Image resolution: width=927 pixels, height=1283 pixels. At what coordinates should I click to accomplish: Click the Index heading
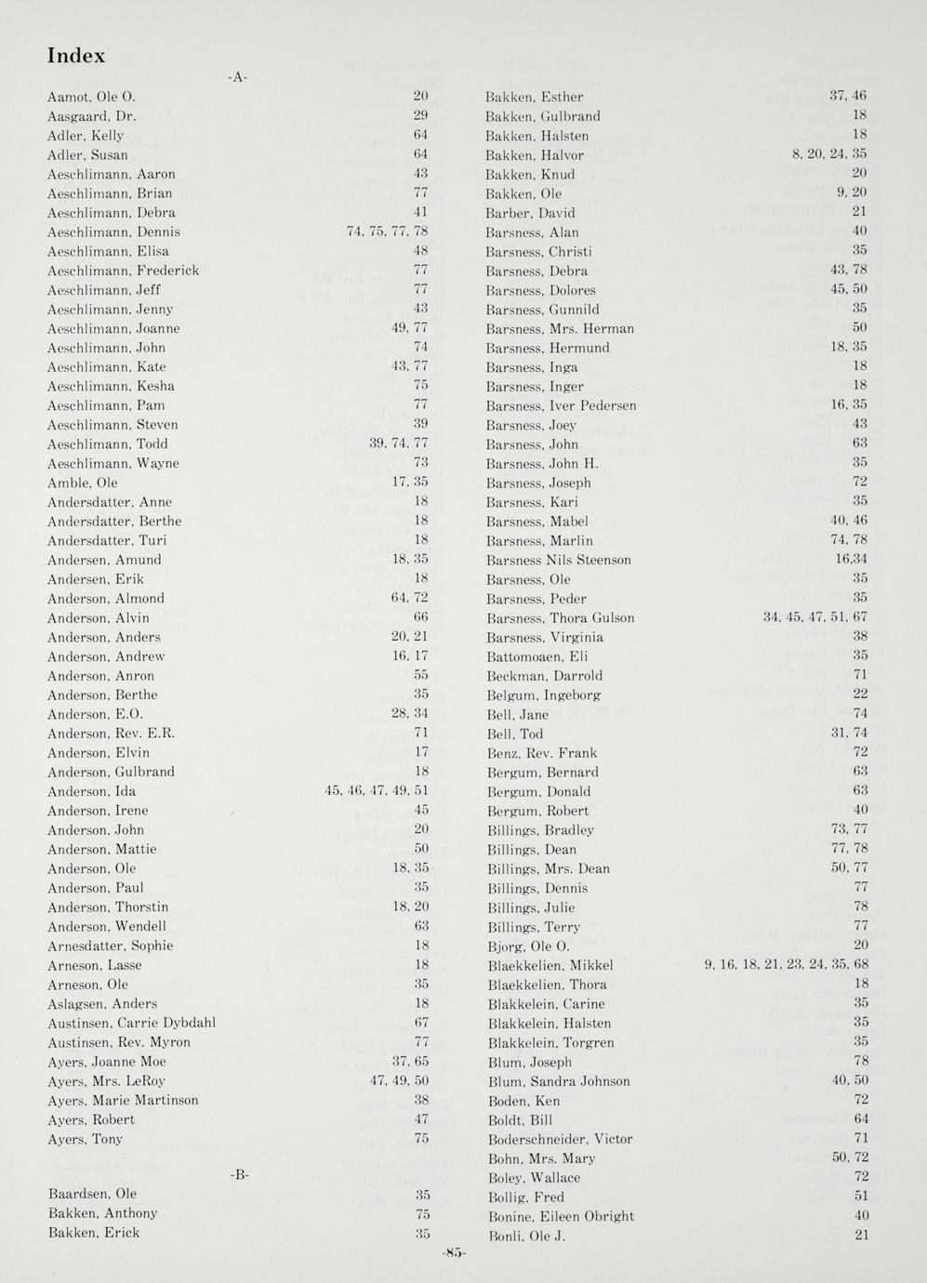point(76,56)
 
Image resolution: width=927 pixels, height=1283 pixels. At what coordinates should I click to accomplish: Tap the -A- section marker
point(238,77)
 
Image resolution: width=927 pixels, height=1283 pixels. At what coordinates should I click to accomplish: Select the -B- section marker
point(239,1174)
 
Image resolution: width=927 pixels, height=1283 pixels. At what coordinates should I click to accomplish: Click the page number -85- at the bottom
point(455,1252)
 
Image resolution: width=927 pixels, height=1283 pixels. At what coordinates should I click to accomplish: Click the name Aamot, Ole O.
point(91,97)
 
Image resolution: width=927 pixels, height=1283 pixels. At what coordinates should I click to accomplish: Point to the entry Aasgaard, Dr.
point(91,116)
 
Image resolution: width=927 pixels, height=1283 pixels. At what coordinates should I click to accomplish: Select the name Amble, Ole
point(83,483)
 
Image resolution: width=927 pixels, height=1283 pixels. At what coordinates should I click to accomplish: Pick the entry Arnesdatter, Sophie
point(110,946)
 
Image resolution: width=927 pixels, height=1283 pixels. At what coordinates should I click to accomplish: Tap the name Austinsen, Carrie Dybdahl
point(131,1023)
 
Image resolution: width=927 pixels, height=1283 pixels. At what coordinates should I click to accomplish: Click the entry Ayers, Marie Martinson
point(123,1100)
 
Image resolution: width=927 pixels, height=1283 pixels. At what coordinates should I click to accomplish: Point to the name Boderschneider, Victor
point(560,1139)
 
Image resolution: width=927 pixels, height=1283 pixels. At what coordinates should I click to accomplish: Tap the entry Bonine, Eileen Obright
point(561,1216)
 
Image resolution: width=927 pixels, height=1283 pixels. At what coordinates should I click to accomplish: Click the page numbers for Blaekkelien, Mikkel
point(787,965)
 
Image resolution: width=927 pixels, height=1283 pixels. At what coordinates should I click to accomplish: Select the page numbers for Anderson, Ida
point(377,791)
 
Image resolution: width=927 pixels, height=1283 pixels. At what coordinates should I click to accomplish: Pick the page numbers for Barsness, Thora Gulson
point(815,617)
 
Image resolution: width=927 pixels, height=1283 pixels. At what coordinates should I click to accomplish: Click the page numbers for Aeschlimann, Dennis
point(387,232)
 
